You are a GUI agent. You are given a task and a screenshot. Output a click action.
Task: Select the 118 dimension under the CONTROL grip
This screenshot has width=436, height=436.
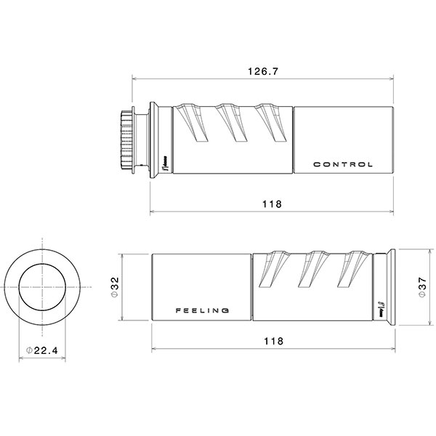point(271,204)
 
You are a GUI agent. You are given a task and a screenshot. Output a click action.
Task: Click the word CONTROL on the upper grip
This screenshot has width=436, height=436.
point(343,164)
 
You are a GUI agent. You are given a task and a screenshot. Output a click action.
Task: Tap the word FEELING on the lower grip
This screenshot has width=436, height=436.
point(203,310)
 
